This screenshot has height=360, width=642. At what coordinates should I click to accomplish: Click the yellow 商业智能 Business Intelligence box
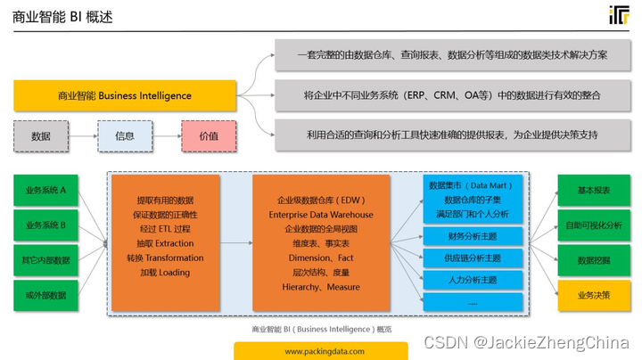(125, 95)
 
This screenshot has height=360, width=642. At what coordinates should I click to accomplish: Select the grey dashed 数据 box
(41, 136)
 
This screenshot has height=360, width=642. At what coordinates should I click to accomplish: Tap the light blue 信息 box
(125, 136)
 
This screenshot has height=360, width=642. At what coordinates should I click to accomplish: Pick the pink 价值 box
(209, 136)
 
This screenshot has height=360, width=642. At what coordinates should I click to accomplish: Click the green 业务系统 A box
(45, 191)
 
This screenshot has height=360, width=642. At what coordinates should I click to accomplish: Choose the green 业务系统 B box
(45, 225)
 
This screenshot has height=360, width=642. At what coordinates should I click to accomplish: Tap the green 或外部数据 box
(45, 294)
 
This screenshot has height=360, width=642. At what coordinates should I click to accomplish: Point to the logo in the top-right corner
(619, 15)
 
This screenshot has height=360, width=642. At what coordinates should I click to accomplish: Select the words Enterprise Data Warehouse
(321, 215)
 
